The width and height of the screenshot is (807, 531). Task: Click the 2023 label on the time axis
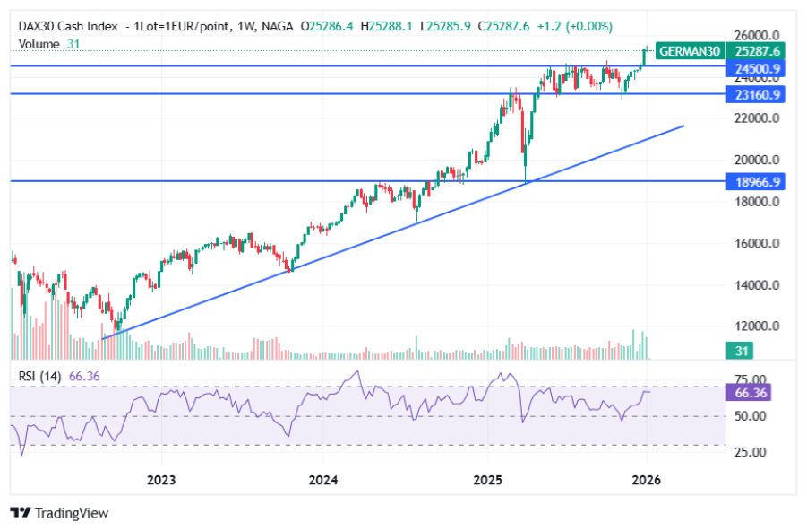pyautogui.click(x=161, y=481)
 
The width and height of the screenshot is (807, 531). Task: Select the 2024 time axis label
pyautogui.click(x=323, y=481)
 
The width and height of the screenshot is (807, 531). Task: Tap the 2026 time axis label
pyautogui.click(x=646, y=481)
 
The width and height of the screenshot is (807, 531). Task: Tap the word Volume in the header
pyautogui.click(x=39, y=43)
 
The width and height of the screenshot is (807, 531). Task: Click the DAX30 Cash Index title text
pyautogui.click(x=71, y=27)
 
